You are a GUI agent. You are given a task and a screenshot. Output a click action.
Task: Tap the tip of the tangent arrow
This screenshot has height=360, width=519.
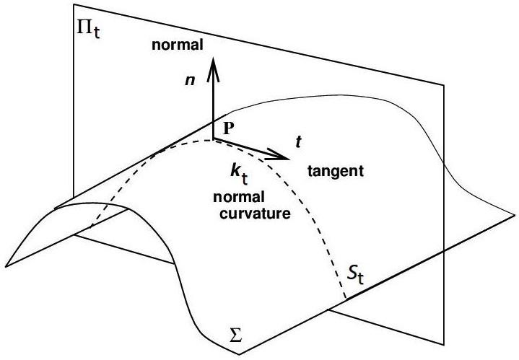point(287,156)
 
